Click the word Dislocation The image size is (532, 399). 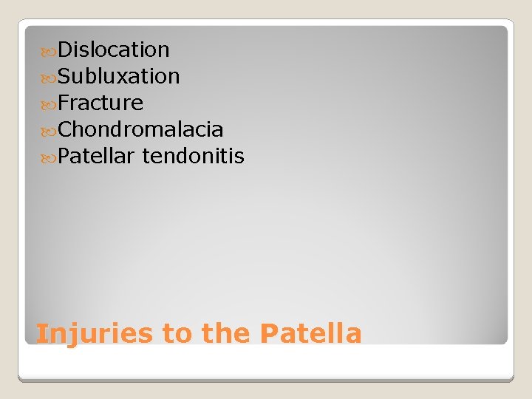pyautogui.click(x=114, y=50)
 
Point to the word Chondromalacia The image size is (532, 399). pyautogui.click(x=140, y=130)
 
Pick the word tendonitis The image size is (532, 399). pyautogui.click(x=194, y=157)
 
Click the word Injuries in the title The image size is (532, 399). pyautogui.click(x=95, y=334)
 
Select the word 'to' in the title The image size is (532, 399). pyautogui.click(x=177, y=334)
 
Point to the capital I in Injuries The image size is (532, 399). pyautogui.click(x=41, y=332)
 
